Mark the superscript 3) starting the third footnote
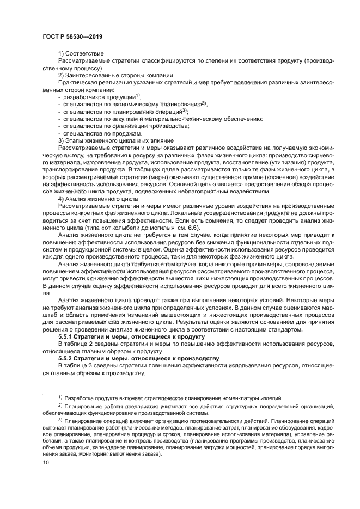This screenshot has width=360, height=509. [x=60, y=420]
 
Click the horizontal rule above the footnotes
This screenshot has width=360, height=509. [x=69, y=393]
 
